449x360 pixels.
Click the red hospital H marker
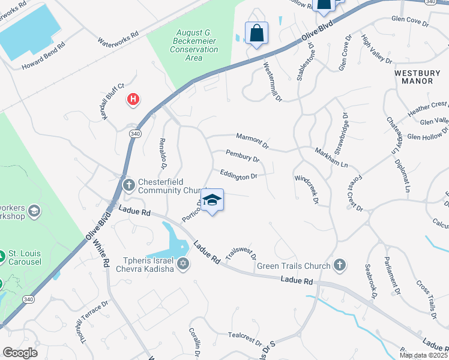133,99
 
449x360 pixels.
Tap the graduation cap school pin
211,200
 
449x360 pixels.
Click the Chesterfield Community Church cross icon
128,185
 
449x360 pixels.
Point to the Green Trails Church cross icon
340,265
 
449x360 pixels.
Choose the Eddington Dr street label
238,175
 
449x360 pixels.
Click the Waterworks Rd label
118,39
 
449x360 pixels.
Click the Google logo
20,353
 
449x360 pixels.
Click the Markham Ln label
331,157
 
